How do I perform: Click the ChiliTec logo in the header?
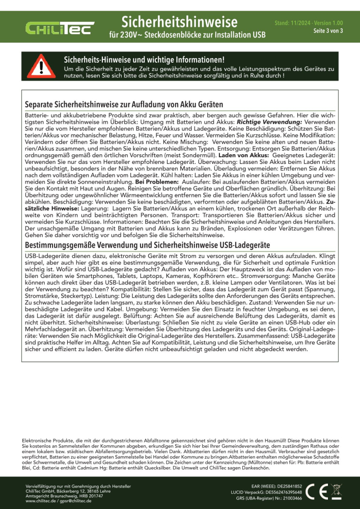coord(60,28)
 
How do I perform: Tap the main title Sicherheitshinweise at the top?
coord(180,22)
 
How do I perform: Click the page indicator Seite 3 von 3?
coord(328,31)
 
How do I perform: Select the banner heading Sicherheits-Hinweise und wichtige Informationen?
coord(143,60)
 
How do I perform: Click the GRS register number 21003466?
coord(290,498)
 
